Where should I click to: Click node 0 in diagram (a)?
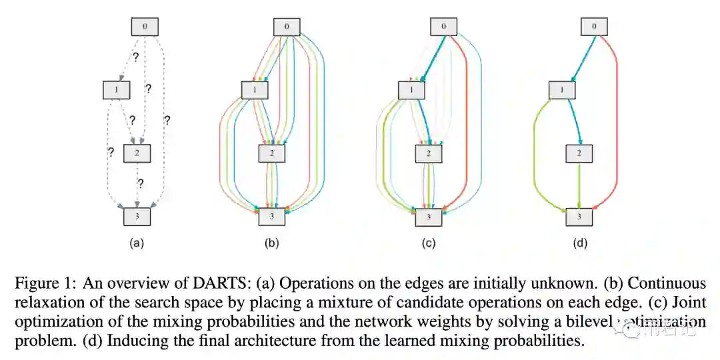click(x=145, y=27)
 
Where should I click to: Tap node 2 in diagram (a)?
click(x=137, y=153)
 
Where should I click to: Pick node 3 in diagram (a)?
click(x=137, y=216)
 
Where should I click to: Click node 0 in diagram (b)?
click(x=287, y=27)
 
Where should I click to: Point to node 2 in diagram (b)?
click(x=272, y=153)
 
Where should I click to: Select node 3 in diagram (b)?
click(x=272, y=216)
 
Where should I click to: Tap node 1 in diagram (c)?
click(x=412, y=89)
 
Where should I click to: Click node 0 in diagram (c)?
click(x=443, y=27)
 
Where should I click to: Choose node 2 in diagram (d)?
click(x=580, y=153)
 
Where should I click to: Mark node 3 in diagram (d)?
click(x=580, y=216)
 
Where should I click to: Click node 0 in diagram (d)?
click(x=595, y=27)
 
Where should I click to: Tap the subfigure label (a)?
click(x=137, y=243)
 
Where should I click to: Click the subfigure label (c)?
click(x=428, y=243)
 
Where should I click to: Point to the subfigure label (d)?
click(x=580, y=243)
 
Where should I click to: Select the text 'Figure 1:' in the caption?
click(x=41, y=283)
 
